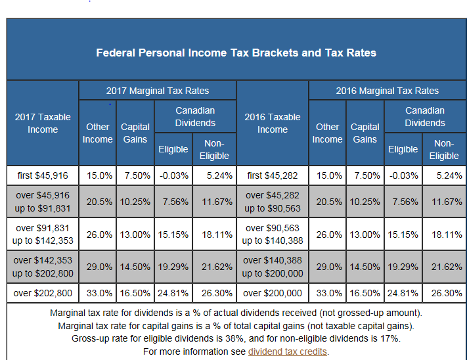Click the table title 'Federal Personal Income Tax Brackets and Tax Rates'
click(236, 53)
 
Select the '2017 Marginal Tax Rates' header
click(158, 91)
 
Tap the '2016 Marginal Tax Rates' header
click(387, 91)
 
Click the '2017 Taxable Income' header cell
click(43, 123)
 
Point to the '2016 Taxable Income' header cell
click(273, 123)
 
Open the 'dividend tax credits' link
click(288, 351)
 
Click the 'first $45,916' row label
click(43, 175)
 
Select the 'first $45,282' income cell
click(273, 175)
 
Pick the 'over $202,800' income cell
click(43, 293)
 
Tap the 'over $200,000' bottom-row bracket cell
click(273, 293)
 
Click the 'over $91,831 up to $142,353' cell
click(43, 235)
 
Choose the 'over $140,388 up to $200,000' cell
click(273, 267)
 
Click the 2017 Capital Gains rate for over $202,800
click(135, 293)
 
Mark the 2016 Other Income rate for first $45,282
click(327, 175)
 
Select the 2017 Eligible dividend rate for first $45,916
click(173, 175)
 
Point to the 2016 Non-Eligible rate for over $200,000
click(444, 293)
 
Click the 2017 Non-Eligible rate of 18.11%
click(215, 235)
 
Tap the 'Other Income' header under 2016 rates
click(327, 133)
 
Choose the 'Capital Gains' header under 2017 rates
click(135, 133)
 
